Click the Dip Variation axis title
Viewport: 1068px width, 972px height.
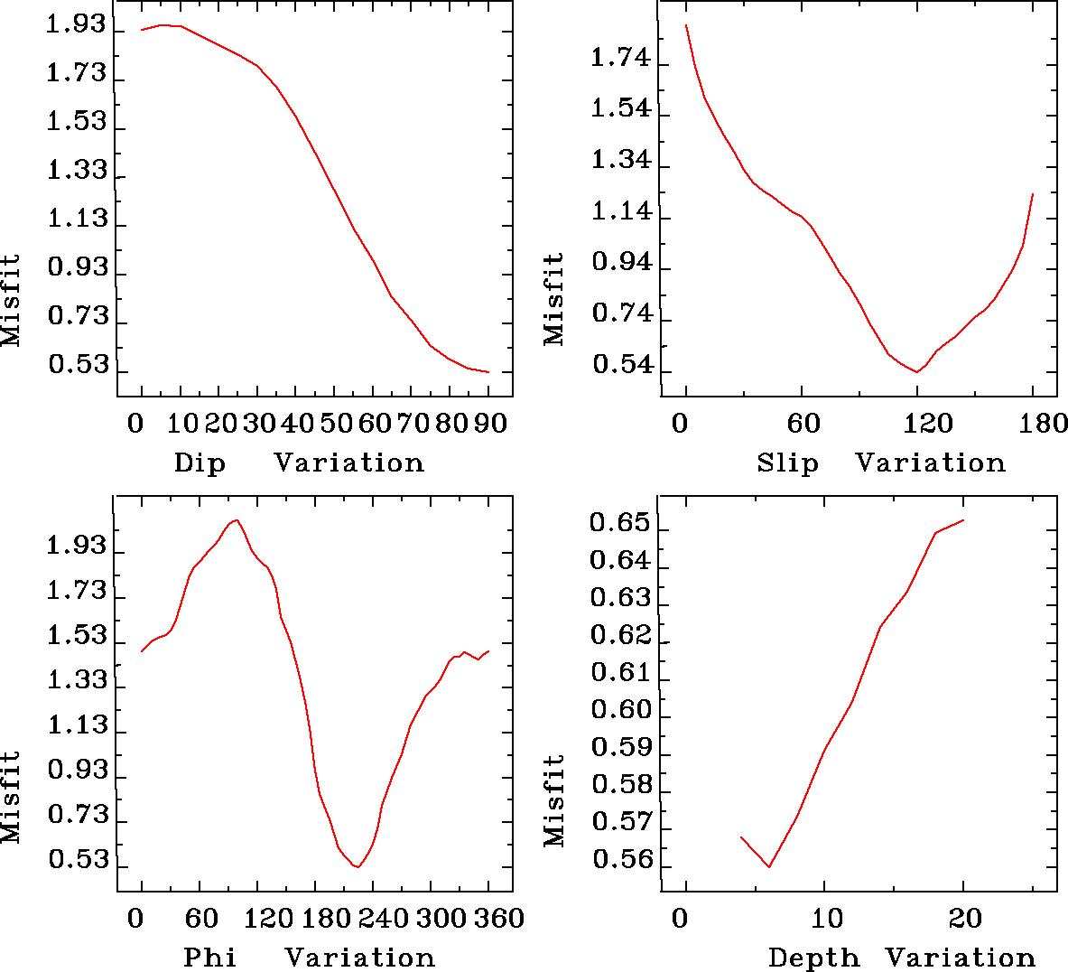click(x=298, y=463)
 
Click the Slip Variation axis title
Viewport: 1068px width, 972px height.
click(x=880, y=463)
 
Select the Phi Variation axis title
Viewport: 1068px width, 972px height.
click(x=309, y=957)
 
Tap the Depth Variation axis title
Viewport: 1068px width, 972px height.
click(x=901, y=958)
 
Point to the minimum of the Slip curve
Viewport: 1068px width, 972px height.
click(x=917, y=371)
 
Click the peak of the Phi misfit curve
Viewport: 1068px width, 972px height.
click(x=236, y=519)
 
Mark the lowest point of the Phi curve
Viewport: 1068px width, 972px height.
click(x=358, y=867)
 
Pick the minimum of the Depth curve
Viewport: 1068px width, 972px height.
click(x=769, y=867)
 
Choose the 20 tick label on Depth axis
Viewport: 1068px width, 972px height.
click(x=963, y=919)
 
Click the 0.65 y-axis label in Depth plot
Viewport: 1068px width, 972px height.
click(x=618, y=523)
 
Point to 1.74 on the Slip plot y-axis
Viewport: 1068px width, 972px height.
click(x=619, y=60)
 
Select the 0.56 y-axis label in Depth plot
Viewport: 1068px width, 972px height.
click(x=618, y=859)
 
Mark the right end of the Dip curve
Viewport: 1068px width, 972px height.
click(x=488, y=371)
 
